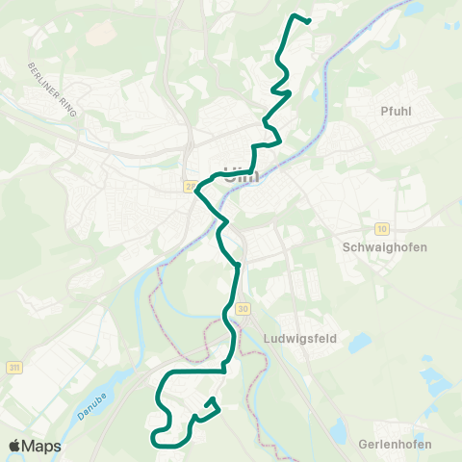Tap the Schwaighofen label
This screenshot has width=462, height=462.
(x=385, y=246)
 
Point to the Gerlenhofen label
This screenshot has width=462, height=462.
(x=394, y=444)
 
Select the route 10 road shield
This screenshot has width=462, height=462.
(x=382, y=228)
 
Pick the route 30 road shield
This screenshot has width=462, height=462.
(x=243, y=308)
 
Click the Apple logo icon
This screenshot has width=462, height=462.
(x=15, y=446)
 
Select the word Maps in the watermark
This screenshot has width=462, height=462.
(x=42, y=446)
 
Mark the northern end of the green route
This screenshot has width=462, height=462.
(x=308, y=20)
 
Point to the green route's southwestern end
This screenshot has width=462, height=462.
(x=154, y=441)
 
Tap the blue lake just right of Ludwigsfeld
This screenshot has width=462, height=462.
(x=357, y=341)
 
